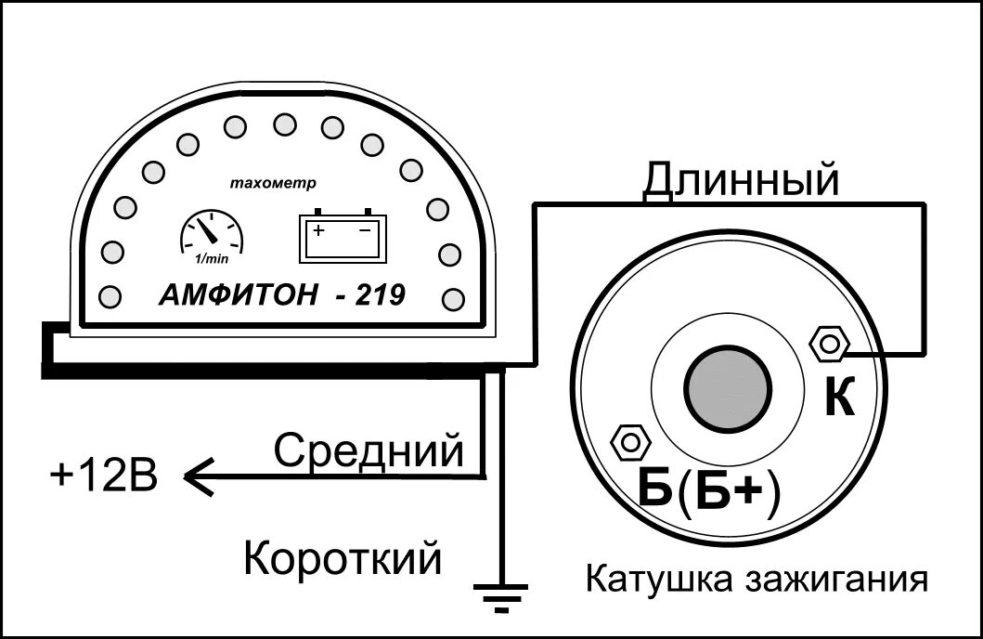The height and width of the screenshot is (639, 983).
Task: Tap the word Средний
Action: [x=369, y=451]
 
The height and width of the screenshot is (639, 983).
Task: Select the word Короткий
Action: [x=342, y=559]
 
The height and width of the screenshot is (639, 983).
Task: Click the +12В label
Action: [x=104, y=477]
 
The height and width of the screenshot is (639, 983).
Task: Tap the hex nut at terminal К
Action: [x=829, y=345]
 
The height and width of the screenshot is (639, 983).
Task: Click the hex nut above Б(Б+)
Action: [x=631, y=441]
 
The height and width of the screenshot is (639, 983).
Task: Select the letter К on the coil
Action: [x=839, y=398]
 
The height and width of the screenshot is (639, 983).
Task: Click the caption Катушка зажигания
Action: [x=757, y=580]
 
